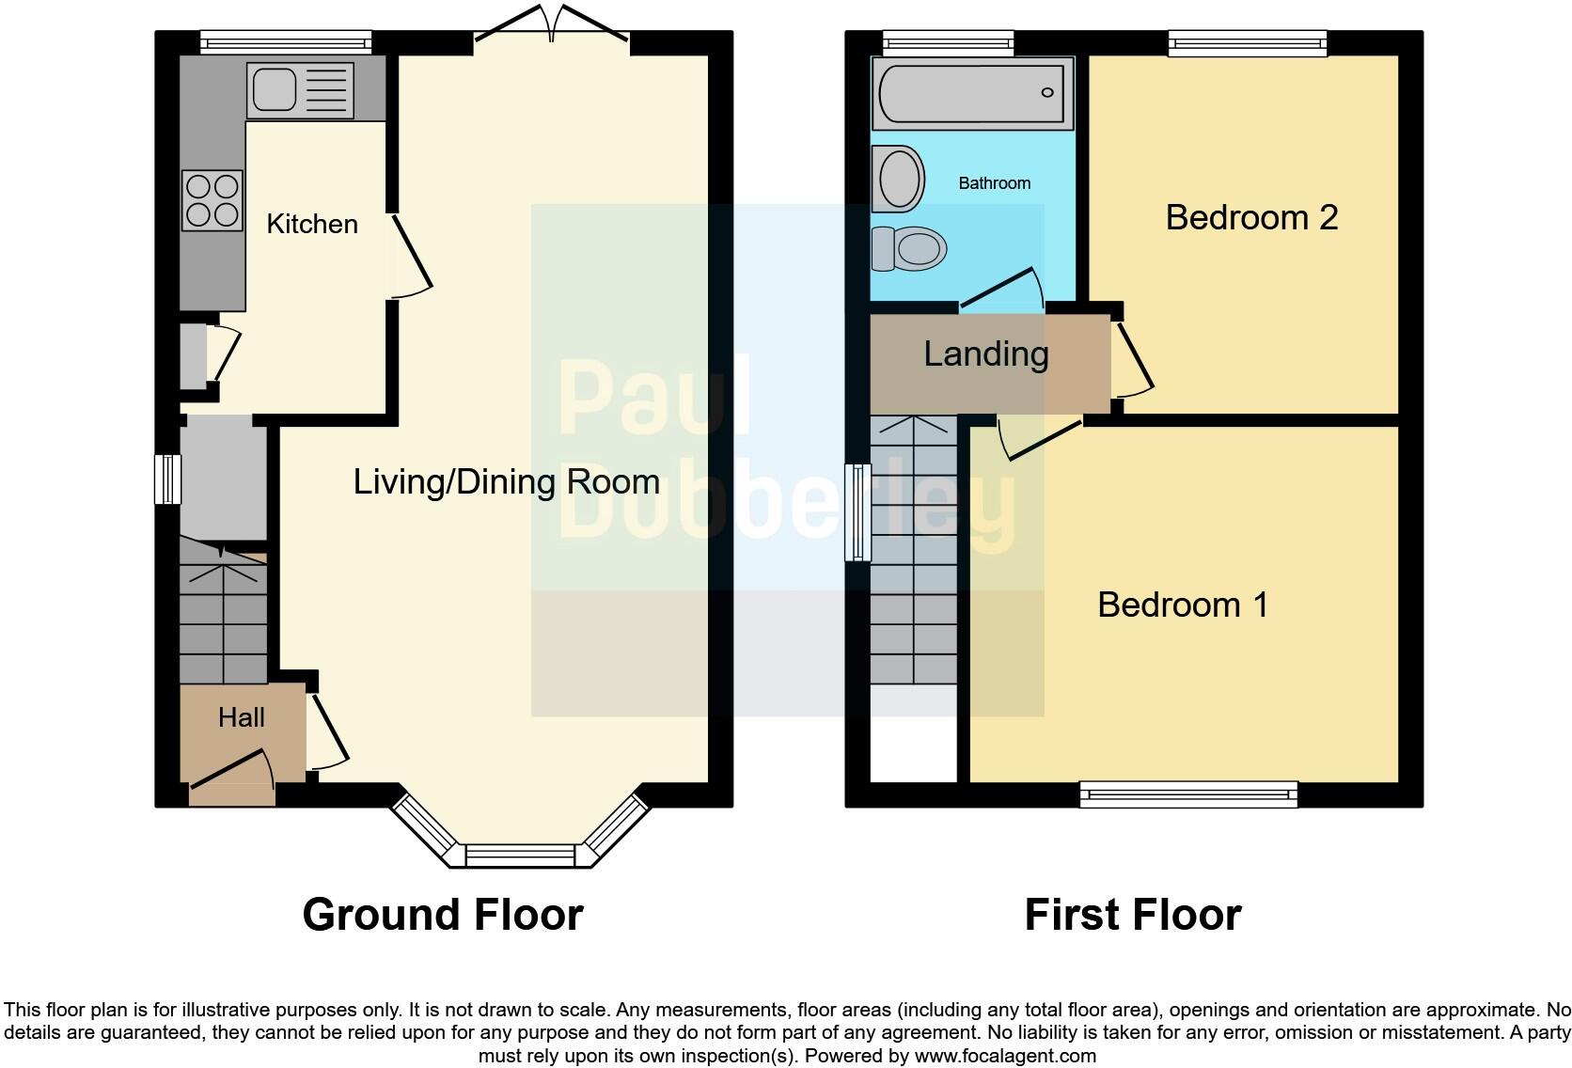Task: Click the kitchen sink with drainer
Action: point(300,90)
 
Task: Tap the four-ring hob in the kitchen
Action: point(212,200)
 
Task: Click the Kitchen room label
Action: point(312,224)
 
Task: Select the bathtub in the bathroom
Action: point(973,92)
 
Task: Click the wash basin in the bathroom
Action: point(898,178)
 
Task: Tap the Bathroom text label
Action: point(994,183)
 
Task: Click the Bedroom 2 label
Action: point(1250,217)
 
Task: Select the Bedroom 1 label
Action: point(1182,605)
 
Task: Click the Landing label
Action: point(985,354)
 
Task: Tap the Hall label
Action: point(242,718)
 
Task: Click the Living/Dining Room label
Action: point(506,482)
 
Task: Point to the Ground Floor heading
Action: point(443,915)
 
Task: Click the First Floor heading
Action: point(1132,915)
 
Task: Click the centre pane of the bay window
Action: point(519,856)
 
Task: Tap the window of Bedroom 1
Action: point(1188,794)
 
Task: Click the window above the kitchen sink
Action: point(286,41)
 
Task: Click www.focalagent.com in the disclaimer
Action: point(1005,1056)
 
